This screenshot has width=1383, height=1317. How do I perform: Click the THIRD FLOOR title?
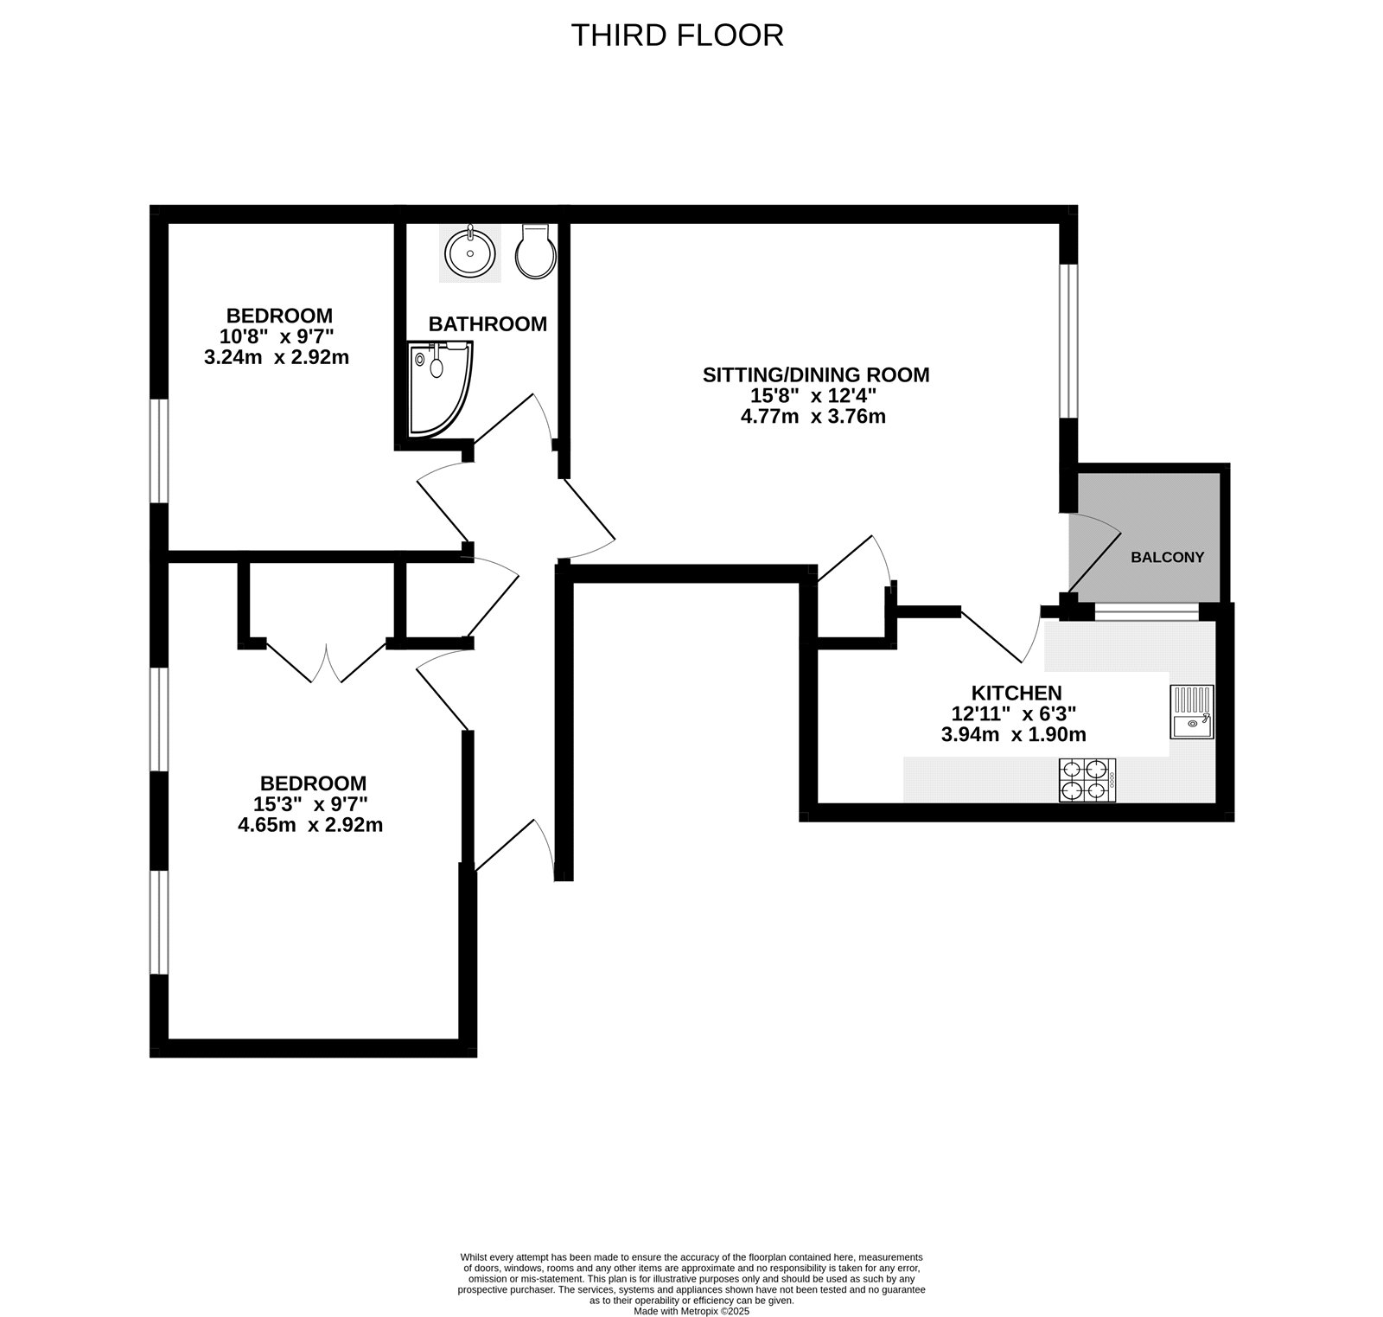(677, 35)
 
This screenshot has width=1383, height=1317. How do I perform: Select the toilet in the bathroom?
(533, 253)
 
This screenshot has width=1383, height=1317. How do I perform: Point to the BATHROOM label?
(488, 324)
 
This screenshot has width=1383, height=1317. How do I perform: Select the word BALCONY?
(1167, 558)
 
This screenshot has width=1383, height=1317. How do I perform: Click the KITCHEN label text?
(1016, 693)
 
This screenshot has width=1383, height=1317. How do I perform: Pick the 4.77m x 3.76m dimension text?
(813, 417)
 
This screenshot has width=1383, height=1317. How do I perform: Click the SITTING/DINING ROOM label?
(815, 375)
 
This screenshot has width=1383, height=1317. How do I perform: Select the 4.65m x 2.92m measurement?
(310, 825)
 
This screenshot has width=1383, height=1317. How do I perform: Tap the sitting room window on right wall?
(1069, 341)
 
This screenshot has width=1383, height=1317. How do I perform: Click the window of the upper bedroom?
(159, 451)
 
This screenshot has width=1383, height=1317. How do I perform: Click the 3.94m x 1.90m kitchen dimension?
(1013, 735)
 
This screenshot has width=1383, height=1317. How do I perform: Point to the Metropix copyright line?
(691, 1311)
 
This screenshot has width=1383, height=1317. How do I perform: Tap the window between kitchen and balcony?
(1146, 612)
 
